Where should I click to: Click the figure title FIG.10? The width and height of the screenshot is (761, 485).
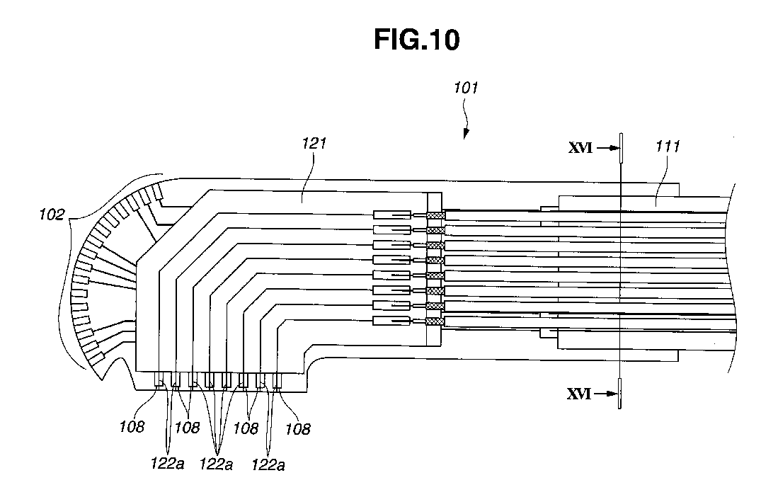(x=416, y=40)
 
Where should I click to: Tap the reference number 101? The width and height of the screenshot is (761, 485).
(x=467, y=89)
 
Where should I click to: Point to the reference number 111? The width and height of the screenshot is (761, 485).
(x=668, y=147)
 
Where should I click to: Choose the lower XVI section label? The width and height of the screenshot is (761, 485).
(x=579, y=395)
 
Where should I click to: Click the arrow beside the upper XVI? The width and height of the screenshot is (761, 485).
(x=607, y=149)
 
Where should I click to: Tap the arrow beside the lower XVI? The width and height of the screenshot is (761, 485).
(x=604, y=395)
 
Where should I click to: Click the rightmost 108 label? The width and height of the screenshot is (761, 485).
(x=298, y=428)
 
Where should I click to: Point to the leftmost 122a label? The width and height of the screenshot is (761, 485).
(x=167, y=464)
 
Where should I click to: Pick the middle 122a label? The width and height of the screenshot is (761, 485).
(x=216, y=464)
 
